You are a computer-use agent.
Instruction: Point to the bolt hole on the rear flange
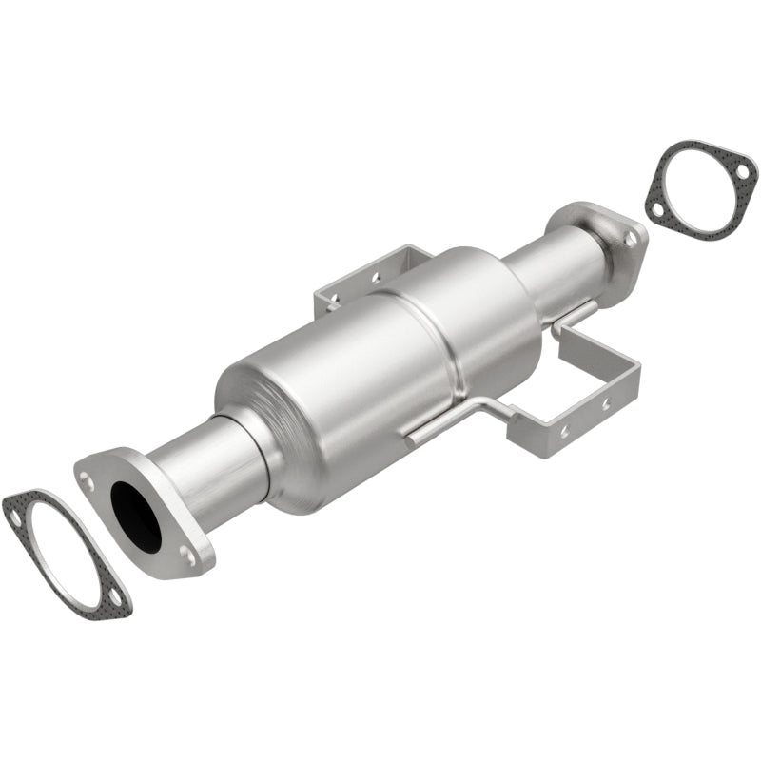click(x=628, y=239)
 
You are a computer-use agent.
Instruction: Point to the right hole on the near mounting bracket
click(x=605, y=404)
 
